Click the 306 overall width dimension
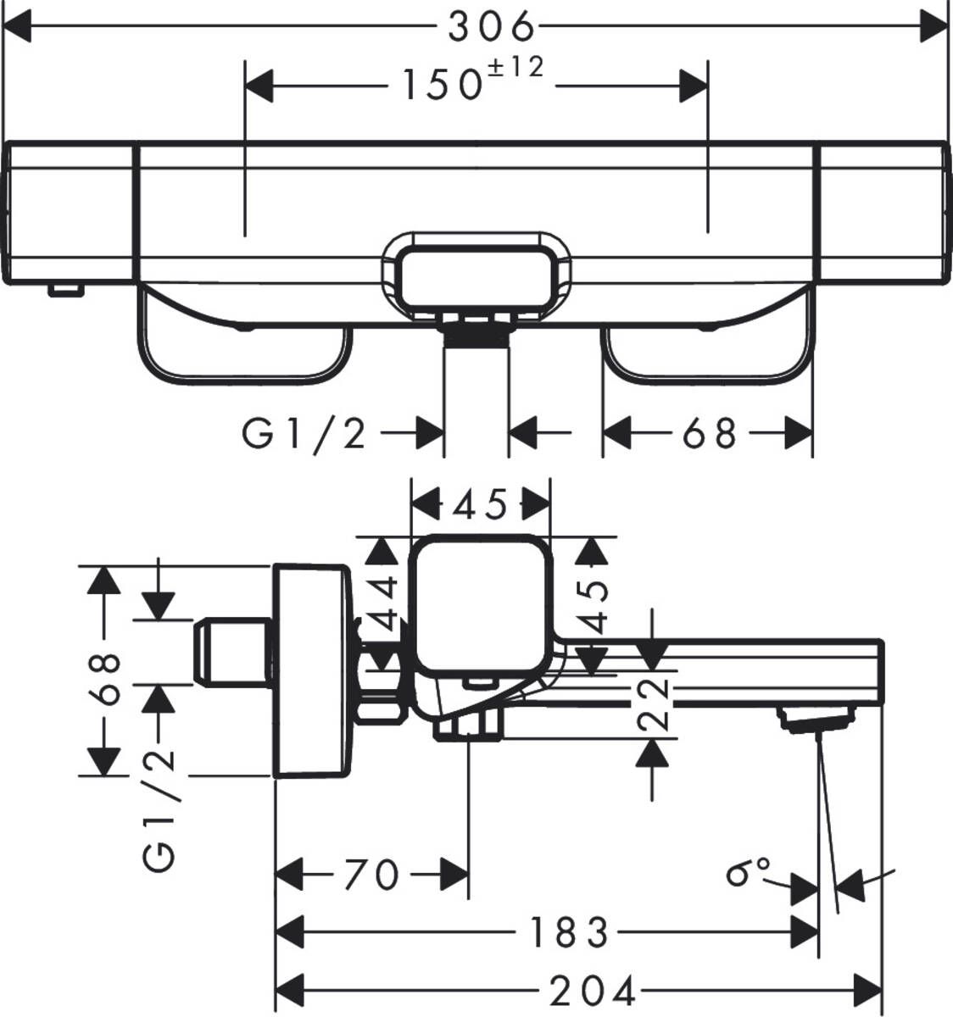[x=492, y=28]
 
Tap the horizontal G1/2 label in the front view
[x=304, y=435]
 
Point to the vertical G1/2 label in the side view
[x=160, y=809]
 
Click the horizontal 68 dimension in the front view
[x=709, y=435]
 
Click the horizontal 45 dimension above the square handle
[x=480, y=505]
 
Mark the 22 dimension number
[x=652, y=703]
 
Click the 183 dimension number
[x=569, y=933]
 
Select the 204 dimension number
[x=594, y=990]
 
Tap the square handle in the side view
[x=481, y=603]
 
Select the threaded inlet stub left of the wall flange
[x=231, y=651]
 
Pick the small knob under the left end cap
[x=66, y=291]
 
